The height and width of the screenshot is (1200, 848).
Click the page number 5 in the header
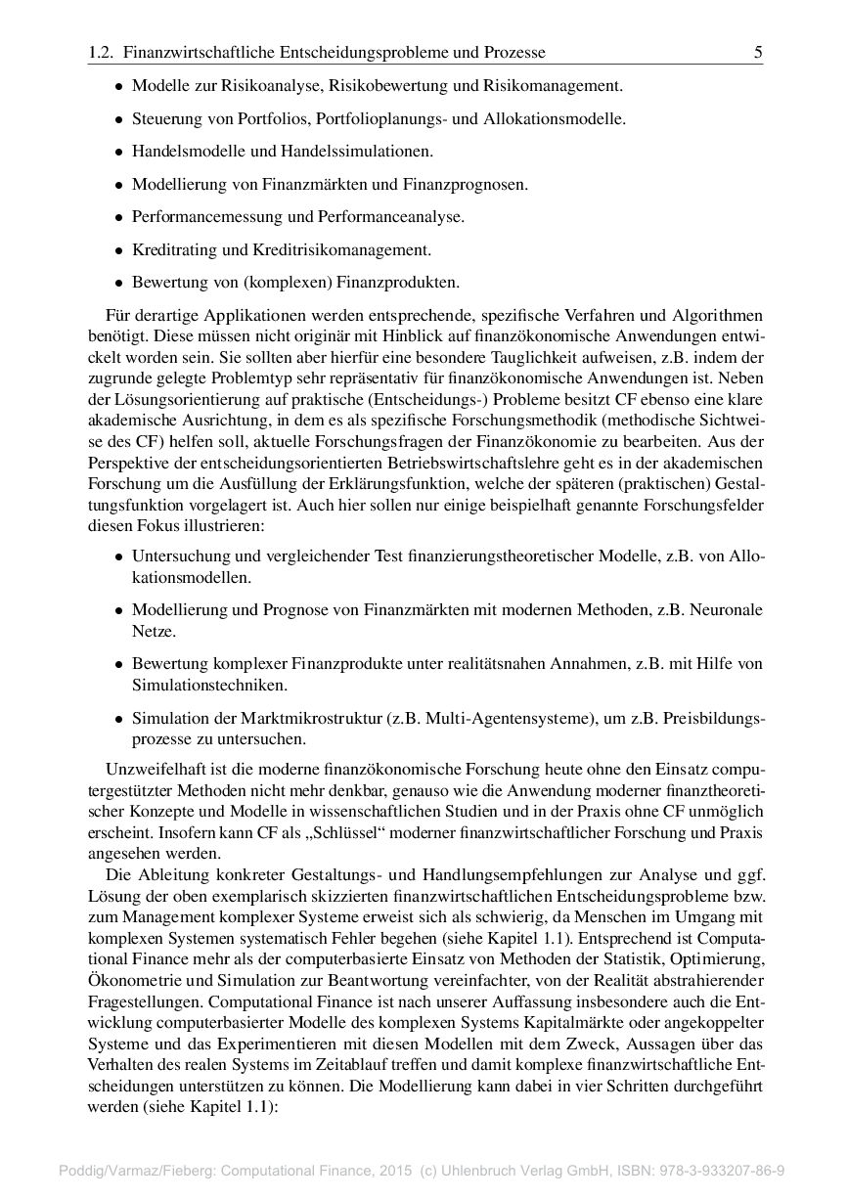(x=758, y=53)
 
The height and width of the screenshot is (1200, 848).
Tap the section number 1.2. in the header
(x=101, y=53)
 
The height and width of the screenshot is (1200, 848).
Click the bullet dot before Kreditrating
(x=118, y=250)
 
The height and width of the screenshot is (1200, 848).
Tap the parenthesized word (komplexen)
(x=284, y=284)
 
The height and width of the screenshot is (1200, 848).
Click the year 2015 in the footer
(x=396, y=1170)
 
